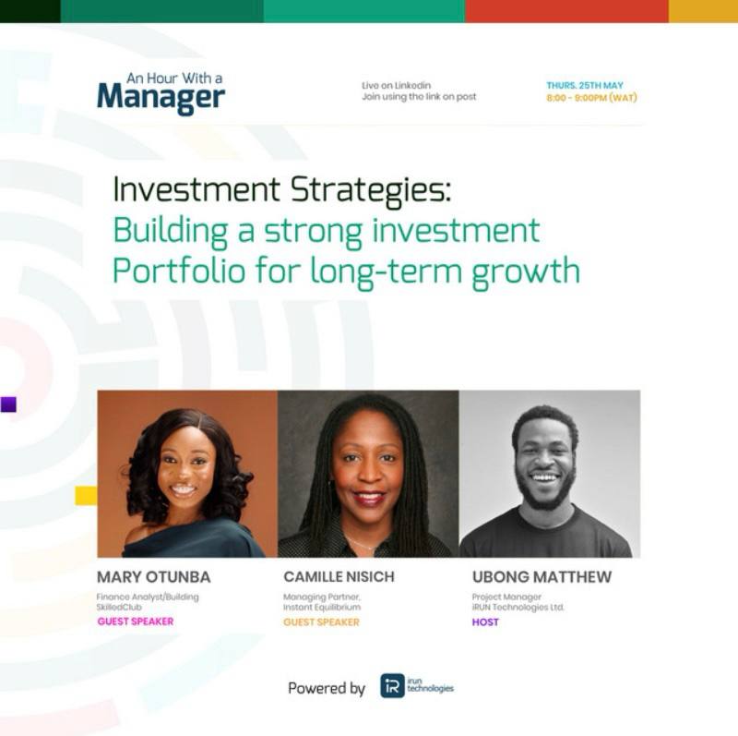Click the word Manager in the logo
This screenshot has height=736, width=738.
(x=161, y=98)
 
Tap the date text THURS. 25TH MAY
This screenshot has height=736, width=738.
(x=585, y=85)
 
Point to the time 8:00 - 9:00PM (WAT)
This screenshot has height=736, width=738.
(x=591, y=98)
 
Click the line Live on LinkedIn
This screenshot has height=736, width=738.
(x=396, y=85)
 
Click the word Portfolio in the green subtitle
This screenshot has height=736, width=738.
(x=179, y=271)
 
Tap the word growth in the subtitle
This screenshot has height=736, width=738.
(x=526, y=271)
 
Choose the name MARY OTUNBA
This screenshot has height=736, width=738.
(x=153, y=577)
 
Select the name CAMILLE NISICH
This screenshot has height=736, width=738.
(x=339, y=577)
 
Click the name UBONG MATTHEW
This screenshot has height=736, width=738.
(x=542, y=577)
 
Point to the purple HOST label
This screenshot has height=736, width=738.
(x=485, y=622)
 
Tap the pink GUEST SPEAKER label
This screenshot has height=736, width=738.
(x=136, y=621)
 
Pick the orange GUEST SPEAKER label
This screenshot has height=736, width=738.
(x=321, y=622)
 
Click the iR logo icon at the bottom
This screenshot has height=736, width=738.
(x=393, y=685)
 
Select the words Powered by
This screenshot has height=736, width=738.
(x=327, y=689)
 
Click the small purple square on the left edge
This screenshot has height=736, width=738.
(x=8, y=404)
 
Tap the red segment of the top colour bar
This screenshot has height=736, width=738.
(x=566, y=11)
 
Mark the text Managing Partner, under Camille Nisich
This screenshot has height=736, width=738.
(x=321, y=597)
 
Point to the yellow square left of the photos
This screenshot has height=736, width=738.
(x=86, y=496)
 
